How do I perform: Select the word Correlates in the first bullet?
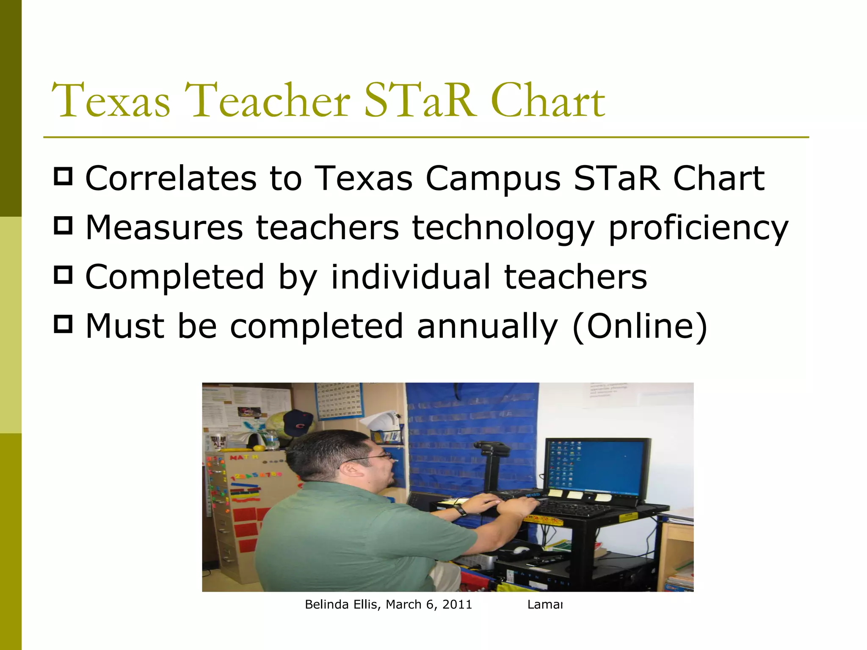click(171, 179)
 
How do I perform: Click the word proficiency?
click(698, 229)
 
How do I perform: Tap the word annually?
click(487, 327)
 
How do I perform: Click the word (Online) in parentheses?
click(639, 327)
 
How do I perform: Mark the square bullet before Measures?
click(64, 226)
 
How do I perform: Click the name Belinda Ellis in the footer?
click(342, 605)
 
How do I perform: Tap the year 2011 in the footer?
click(457, 605)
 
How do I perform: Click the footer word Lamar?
click(545, 605)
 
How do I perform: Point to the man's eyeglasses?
click(373, 457)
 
